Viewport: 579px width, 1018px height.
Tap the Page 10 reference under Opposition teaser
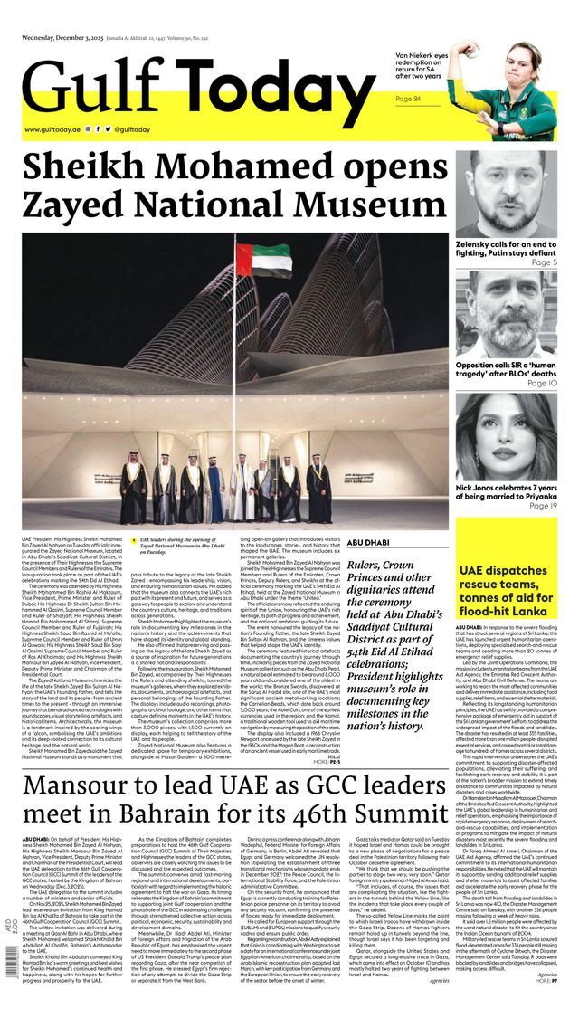541,383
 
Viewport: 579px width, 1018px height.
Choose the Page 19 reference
541,506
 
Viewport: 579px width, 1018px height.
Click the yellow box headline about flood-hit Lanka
507,585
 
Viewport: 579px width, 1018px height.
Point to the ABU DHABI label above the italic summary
368,542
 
